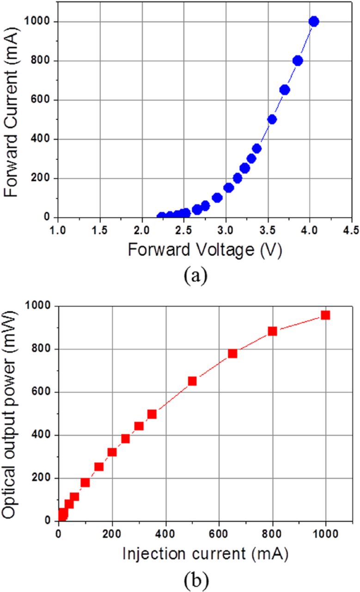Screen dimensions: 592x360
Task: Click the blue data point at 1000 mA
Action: click(314, 21)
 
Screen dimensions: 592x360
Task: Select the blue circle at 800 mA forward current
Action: click(298, 61)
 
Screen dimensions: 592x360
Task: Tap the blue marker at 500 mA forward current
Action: click(272, 119)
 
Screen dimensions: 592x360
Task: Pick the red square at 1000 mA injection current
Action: click(325, 315)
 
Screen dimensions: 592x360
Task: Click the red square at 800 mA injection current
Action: click(272, 331)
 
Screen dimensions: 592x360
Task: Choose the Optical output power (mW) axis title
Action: click(11, 414)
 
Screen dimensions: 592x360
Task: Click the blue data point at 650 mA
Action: click(285, 90)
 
